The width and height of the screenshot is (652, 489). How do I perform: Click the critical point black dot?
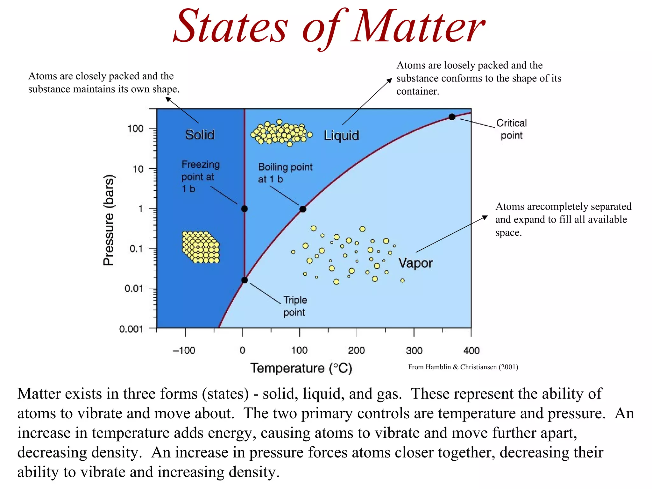click(x=452, y=117)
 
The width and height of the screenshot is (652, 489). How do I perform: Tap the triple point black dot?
click(x=244, y=280)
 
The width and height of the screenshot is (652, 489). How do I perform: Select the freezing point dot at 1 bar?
click(x=244, y=209)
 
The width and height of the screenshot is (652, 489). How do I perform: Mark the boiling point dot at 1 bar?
click(x=303, y=209)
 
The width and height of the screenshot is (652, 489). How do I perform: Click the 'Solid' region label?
click(x=200, y=135)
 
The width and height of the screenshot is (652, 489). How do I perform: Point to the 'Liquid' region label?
click(x=342, y=136)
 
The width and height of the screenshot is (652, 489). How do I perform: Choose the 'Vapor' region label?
click(x=415, y=263)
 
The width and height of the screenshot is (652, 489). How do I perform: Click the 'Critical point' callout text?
click(x=511, y=129)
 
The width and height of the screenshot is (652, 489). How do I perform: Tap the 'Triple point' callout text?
click(x=295, y=306)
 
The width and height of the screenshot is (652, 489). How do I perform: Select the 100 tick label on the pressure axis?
click(x=136, y=129)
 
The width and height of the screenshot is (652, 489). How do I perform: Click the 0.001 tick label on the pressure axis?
click(x=131, y=329)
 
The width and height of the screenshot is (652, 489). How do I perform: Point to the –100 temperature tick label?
click(x=184, y=351)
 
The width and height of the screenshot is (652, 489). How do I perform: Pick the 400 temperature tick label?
click(x=471, y=351)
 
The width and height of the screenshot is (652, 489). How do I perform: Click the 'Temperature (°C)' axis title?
click(x=301, y=368)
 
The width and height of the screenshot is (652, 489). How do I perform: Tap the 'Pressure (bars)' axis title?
click(x=109, y=220)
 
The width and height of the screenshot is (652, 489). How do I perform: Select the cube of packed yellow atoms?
click(x=201, y=247)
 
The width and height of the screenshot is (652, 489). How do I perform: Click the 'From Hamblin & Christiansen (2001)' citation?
click(x=463, y=367)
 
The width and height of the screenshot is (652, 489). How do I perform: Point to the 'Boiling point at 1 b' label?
click(x=285, y=173)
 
